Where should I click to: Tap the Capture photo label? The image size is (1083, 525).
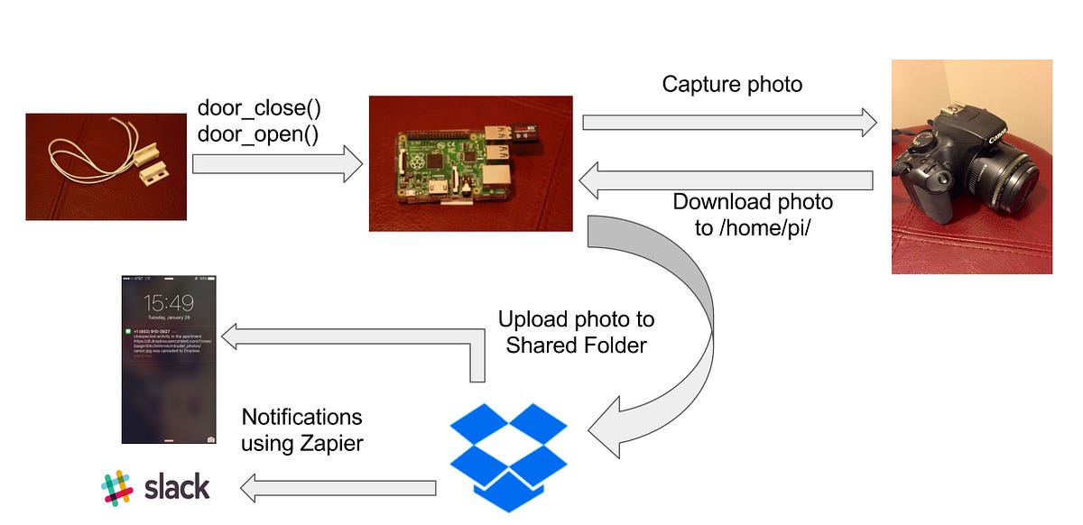732,84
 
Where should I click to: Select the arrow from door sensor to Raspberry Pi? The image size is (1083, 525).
277,164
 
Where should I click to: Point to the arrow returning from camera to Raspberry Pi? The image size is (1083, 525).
726,180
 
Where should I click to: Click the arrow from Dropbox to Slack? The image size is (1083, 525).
338,488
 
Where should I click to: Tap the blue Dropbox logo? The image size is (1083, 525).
509,456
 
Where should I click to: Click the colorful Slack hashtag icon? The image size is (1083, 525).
117,487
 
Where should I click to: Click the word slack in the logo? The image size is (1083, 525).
177,487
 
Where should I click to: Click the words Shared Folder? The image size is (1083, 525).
576,345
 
